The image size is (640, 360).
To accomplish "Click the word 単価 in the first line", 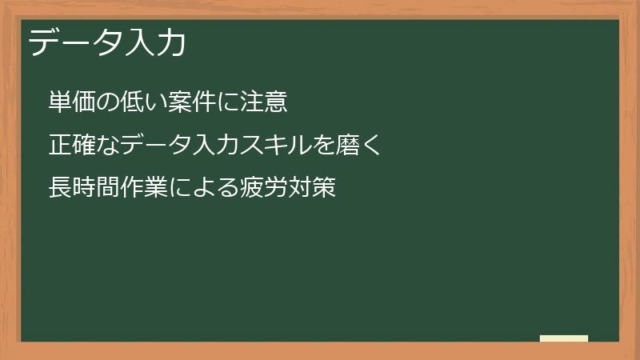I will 72,102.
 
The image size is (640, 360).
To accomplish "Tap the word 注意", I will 263,102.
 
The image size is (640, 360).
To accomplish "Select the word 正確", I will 72,146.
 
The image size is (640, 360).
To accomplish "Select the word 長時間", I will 84,189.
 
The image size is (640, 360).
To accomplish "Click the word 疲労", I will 263,189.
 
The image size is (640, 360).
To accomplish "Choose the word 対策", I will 310,189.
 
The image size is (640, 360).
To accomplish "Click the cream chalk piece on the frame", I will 564,338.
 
